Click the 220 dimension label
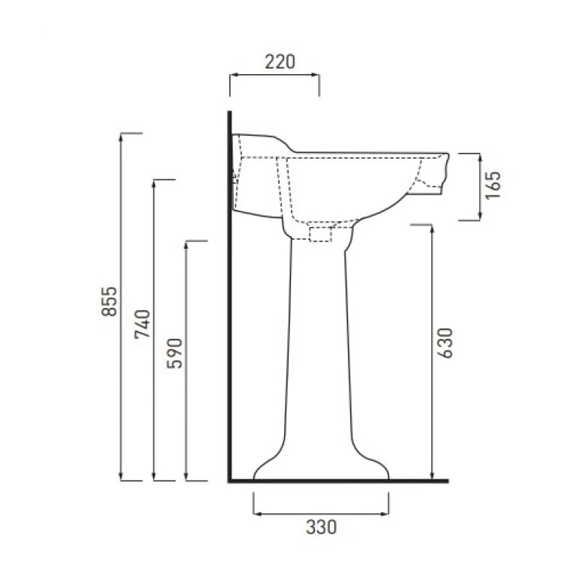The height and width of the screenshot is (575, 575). pos(280,61)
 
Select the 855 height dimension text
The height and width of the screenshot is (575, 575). pos(109,301)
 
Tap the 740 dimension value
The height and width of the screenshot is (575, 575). pos(142,324)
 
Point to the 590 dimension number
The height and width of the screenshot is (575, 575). pos(174,354)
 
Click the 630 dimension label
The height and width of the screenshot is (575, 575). pos(445,343)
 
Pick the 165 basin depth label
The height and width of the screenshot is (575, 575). pos(493,185)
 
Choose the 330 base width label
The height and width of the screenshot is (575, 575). pos(322,527)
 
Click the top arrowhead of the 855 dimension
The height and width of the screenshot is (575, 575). pos(121,136)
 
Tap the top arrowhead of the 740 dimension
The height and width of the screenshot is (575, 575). pos(154,184)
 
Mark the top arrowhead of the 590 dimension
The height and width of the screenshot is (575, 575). pos(186,245)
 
